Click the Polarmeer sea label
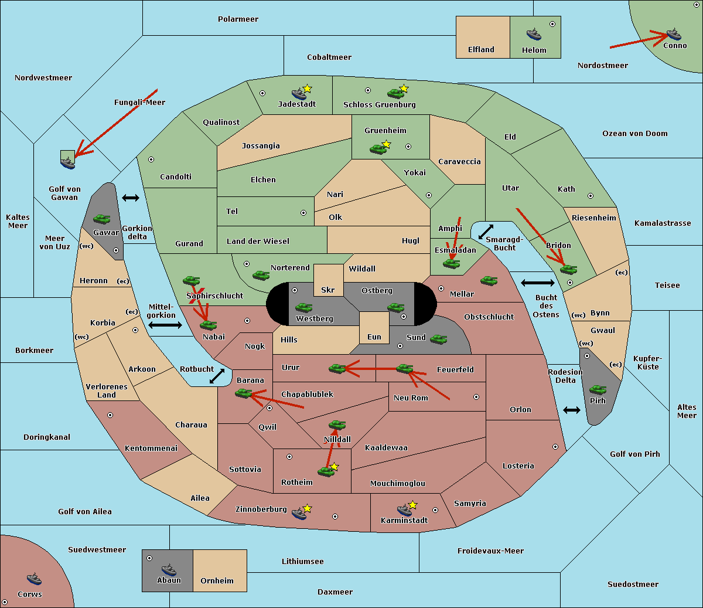click(238, 19)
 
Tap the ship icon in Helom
click(534, 34)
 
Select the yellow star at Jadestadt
click(308, 89)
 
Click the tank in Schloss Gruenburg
click(395, 93)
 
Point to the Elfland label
click(481, 50)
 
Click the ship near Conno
click(674, 34)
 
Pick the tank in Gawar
click(102, 219)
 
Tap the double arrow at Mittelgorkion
click(165, 325)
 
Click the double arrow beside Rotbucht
click(217, 376)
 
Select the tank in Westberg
click(303, 307)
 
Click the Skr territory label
click(328, 290)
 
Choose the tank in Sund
click(439, 339)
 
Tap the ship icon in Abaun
click(169, 569)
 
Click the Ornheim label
click(217, 581)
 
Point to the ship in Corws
click(34, 579)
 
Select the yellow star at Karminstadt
click(412, 505)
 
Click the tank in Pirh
click(598, 390)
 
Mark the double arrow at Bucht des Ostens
click(537, 283)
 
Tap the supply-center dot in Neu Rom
click(476, 397)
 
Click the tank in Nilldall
click(337, 425)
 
